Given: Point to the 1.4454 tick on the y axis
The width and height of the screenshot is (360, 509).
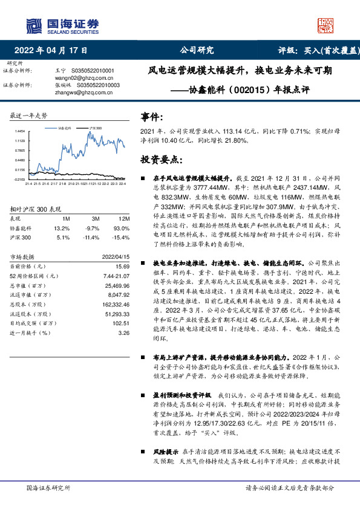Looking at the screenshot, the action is (20, 131).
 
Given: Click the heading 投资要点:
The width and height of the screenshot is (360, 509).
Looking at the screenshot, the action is (160, 160).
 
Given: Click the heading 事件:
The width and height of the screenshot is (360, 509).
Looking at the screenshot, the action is (151, 117).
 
